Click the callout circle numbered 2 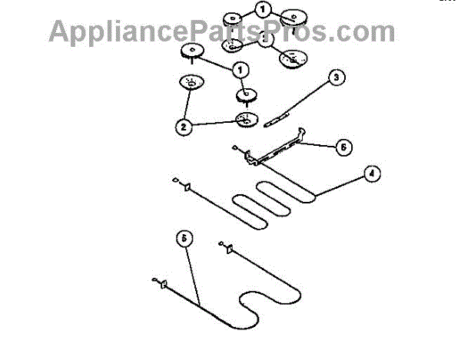pyautogui.click(x=183, y=127)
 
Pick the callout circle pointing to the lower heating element pyautogui.click(x=183, y=238)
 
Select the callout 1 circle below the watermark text pyautogui.click(x=240, y=70)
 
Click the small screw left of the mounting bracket pyautogui.click(x=235, y=148)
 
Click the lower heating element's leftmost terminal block pyautogui.click(x=163, y=285)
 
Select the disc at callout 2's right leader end pyautogui.click(x=245, y=119)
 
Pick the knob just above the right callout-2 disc pyautogui.click(x=247, y=94)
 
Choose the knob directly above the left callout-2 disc pyautogui.click(x=191, y=51)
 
